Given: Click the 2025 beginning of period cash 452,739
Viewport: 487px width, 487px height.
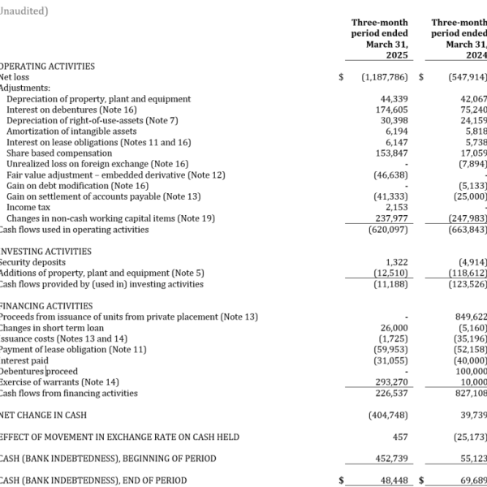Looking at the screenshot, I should coord(391,459).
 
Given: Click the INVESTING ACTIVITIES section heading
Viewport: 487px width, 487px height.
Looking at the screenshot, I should coord(45,252).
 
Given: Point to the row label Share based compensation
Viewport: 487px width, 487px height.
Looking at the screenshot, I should coord(59,153).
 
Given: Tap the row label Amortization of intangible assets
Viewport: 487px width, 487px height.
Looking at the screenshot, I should coord(71,131).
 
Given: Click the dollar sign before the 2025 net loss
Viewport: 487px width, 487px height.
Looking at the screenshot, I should coord(341,77).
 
